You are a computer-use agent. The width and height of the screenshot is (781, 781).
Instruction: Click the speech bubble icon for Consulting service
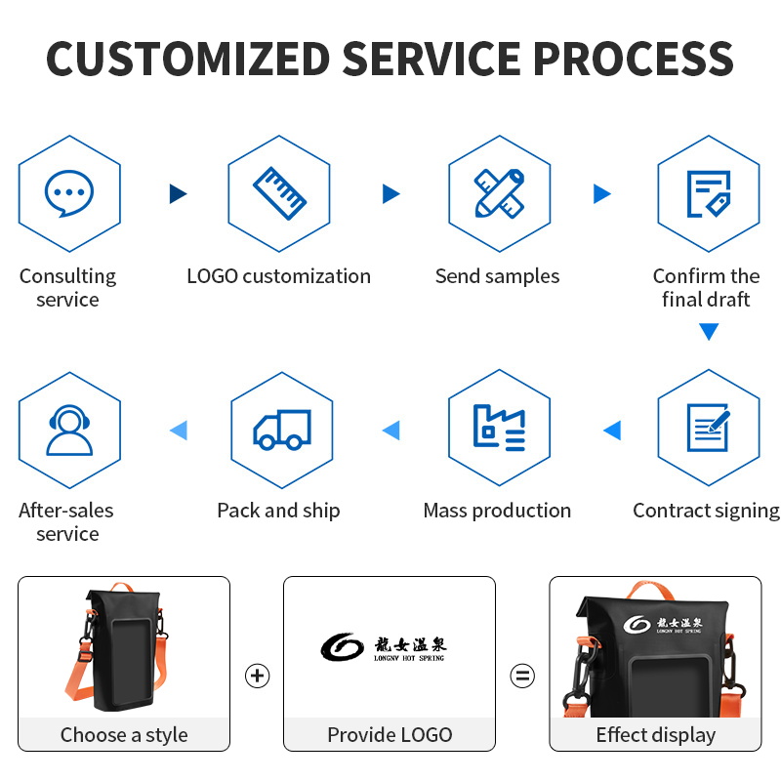click(69, 193)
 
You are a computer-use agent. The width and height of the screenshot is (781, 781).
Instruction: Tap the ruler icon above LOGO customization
click(280, 193)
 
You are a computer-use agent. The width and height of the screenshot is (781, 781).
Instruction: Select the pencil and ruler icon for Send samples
click(499, 193)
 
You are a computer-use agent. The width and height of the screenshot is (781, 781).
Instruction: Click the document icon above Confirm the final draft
click(709, 193)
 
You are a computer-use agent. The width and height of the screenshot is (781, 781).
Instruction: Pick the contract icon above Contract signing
click(709, 429)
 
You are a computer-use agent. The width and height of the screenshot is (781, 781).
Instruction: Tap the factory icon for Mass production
click(499, 428)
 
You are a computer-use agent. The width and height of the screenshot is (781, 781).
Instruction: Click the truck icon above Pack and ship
click(281, 429)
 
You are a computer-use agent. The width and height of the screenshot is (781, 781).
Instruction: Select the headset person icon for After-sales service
click(69, 429)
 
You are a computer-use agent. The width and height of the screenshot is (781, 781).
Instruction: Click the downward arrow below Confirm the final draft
click(709, 332)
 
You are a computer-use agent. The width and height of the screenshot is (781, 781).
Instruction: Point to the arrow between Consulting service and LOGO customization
click(178, 193)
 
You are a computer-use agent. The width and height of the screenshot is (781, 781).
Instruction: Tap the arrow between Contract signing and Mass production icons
click(612, 429)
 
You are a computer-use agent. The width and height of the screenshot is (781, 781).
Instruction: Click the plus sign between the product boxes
click(257, 676)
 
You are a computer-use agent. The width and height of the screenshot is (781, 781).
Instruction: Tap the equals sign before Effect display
click(523, 676)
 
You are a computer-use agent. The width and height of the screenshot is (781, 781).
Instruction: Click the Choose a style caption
click(124, 735)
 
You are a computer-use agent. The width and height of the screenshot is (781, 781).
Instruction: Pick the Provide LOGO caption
click(390, 735)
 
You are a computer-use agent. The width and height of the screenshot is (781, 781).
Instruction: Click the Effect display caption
click(655, 735)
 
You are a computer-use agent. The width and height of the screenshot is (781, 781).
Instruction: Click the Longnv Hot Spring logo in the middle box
click(383, 647)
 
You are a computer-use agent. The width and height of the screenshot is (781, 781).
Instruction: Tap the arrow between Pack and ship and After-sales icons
click(178, 429)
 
